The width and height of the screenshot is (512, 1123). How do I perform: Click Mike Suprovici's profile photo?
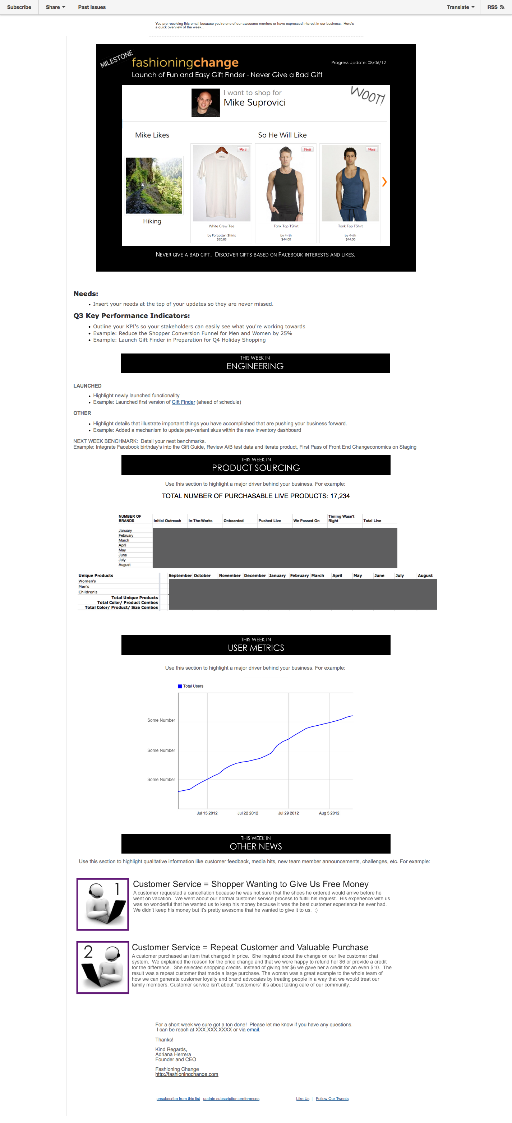pyautogui.click(x=206, y=103)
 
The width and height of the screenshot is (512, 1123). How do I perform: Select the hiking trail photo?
pyautogui.click(x=153, y=186)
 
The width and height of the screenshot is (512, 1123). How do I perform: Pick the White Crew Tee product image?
pyautogui.click(x=222, y=184)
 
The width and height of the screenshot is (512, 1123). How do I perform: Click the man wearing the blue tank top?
pyautogui.click(x=350, y=184)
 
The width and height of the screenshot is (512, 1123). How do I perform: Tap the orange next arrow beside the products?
pyautogui.click(x=384, y=182)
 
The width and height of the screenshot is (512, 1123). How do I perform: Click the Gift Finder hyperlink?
pyautogui.click(x=183, y=402)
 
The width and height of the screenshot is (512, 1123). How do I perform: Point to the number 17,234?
pyautogui.click(x=340, y=496)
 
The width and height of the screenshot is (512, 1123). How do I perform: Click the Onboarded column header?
pyautogui.click(x=233, y=521)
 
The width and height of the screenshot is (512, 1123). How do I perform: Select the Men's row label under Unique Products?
pyautogui.click(x=84, y=587)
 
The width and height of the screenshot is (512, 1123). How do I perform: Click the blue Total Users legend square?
pyautogui.click(x=180, y=686)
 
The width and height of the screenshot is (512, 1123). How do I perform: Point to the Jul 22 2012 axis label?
pyautogui.click(x=248, y=813)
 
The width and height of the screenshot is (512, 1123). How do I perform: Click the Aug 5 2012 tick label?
pyautogui.click(x=329, y=813)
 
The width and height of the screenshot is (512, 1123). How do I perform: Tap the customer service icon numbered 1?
pyautogui.click(x=103, y=904)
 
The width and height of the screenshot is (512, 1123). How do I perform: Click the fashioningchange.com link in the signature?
pyautogui.click(x=187, y=1074)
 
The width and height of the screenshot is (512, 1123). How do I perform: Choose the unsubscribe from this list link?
pyautogui.click(x=178, y=1099)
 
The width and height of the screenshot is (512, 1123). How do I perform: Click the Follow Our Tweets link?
pyautogui.click(x=332, y=1099)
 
